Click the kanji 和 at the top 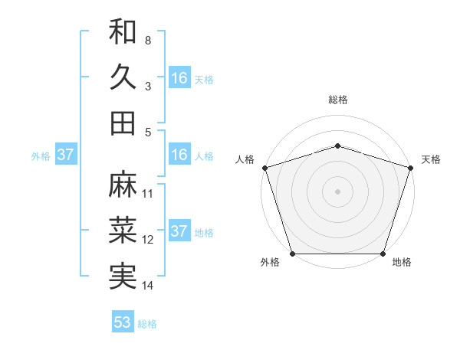click(x=123, y=31)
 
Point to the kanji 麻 click(x=123, y=185)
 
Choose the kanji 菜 click(x=123, y=231)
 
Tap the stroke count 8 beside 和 click(x=147, y=40)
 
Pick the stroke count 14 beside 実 click(x=148, y=286)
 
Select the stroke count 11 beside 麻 click(x=148, y=193)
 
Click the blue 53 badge click(x=123, y=322)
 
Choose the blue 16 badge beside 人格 click(x=179, y=155)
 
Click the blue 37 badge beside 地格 click(x=179, y=232)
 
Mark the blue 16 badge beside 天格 click(x=179, y=78)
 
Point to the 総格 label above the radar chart click(x=338, y=100)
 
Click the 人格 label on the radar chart click(x=245, y=159)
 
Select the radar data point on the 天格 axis click(x=410, y=168)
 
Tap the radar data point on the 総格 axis click(x=338, y=146)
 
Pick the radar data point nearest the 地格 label click(x=383, y=254)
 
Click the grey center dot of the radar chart click(x=338, y=191)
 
